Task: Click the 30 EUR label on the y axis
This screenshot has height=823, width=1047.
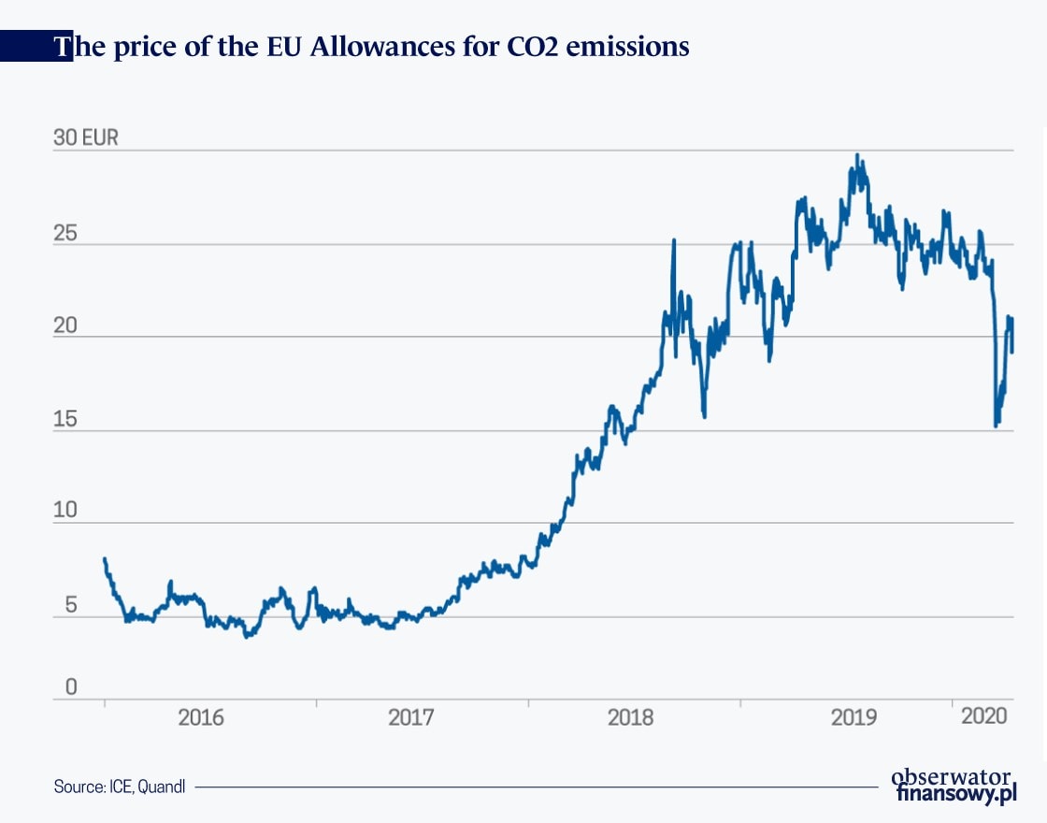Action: pyautogui.click(x=86, y=138)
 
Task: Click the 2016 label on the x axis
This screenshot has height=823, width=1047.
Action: pyautogui.click(x=200, y=718)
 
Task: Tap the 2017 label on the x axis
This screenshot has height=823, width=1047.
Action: pyautogui.click(x=411, y=718)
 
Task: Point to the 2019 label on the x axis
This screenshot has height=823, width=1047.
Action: pyautogui.click(x=853, y=718)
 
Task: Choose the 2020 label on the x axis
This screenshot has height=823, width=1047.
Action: pyautogui.click(x=983, y=717)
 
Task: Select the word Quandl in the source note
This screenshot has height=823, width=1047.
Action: pyautogui.click(x=163, y=787)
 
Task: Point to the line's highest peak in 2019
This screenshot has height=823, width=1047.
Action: pyautogui.click(x=858, y=155)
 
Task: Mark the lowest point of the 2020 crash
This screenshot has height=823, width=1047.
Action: pyautogui.click(x=996, y=426)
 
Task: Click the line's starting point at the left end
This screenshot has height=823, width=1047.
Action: pyautogui.click(x=105, y=559)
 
